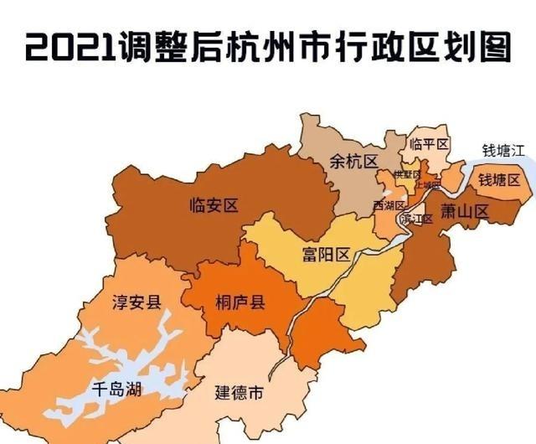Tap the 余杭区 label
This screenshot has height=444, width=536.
353,160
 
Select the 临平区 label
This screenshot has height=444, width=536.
430,144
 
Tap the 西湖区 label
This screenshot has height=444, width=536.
389,205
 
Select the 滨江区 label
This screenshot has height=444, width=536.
416,219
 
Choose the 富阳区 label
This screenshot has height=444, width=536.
326,254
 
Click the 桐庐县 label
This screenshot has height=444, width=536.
240,302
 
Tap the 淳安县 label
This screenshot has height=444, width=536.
137,302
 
